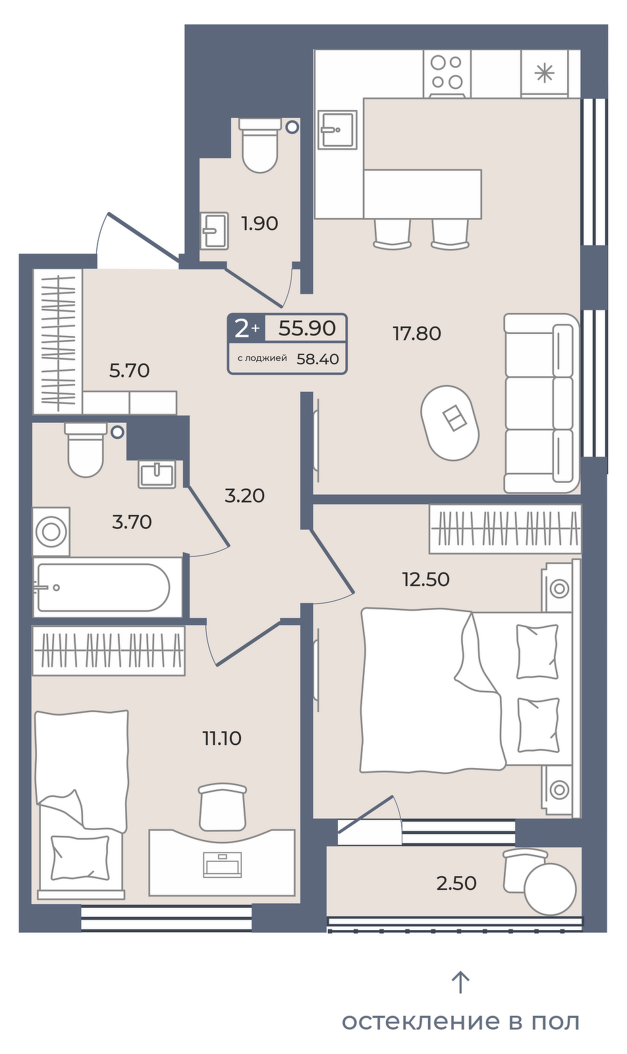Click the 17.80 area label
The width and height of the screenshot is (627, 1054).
click(417, 333)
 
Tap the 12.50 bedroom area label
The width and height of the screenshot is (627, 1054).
click(425, 579)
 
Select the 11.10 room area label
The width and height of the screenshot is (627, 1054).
click(222, 738)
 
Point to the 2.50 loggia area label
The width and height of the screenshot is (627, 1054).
click(456, 883)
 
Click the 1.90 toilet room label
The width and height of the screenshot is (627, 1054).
click(259, 223)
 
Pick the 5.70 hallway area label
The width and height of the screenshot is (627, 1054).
click(129, 371)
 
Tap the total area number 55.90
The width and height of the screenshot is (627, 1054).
click(307, 327)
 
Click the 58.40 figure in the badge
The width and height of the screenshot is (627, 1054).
click(318, 359)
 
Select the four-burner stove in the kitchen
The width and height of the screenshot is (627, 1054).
click(447, 73)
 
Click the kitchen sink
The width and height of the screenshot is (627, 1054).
click(337, 129)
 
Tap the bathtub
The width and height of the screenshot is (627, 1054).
click(107, 587)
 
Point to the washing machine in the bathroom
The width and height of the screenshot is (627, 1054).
click(51, 532)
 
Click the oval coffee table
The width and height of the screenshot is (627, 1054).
click(450, 422)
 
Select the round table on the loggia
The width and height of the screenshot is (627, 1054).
click(550, 889)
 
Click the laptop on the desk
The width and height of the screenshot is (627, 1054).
click(222, 865)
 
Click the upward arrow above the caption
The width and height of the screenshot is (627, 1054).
click(460, 982)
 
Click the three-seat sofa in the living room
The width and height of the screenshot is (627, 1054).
click(541, 403)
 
